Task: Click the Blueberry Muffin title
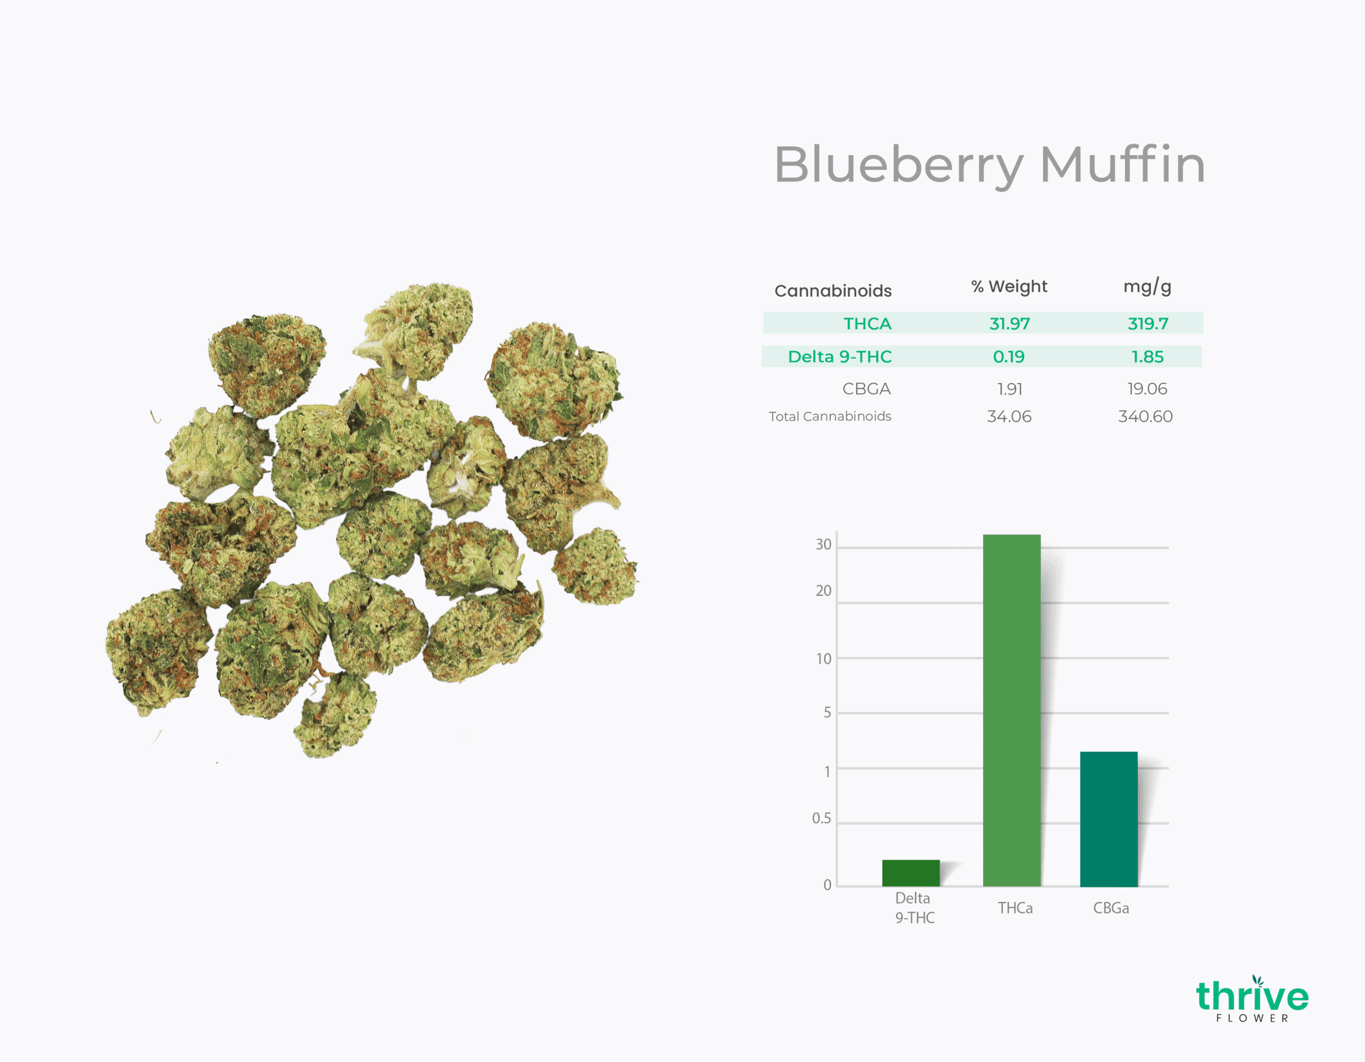(x=990, y=165)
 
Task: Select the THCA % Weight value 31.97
(x=1009, y=324)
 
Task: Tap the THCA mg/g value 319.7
(x=1147, y=324)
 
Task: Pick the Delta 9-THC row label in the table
(x=839, y=356)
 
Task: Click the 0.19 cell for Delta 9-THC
(x=1009, y=356)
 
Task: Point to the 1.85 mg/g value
(x=1147, y=356)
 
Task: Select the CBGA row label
(x=866, y=389)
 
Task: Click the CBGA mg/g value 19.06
(x=1147, y=389)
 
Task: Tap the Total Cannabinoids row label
(x=830, y=416)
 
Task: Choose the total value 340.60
(x=1145, y=416)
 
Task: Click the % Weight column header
(x=1009, y=286)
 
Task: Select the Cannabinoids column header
(x=833, y=291)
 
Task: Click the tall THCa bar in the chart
(x=1011, y=710)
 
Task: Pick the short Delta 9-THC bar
(x=911, y=873)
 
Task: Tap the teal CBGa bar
(x=1109, y=819)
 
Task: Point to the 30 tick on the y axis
(x=823, y=545)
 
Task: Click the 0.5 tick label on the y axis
(x=821, y=818)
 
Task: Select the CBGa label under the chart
(x=1111, y=908)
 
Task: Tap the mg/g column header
(x=1147, y=287)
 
